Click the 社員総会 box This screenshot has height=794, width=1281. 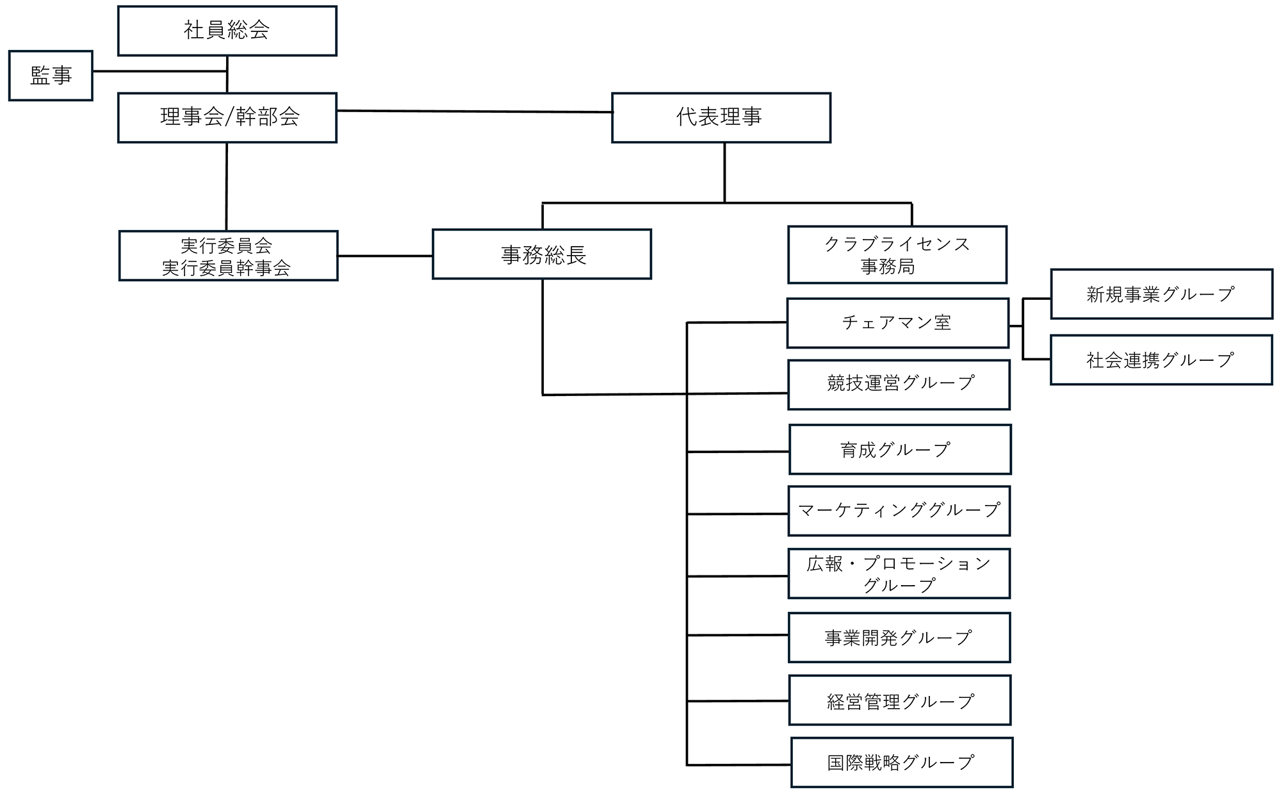[227, 31]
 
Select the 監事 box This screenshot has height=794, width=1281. [51, 76]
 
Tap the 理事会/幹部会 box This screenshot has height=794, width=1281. [227, 117]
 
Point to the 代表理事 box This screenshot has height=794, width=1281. [721, 117]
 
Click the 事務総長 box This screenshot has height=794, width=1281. [542, 254]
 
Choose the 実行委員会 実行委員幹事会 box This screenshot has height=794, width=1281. [228, 256]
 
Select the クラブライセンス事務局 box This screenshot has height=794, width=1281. [897, 254]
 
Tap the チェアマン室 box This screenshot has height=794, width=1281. [897, 323]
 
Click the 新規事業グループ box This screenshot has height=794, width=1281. [1161, 294]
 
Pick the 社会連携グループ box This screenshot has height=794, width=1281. [1161, 360]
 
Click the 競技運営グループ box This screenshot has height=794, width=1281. [899, 385]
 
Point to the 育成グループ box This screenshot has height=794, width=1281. [899, 449]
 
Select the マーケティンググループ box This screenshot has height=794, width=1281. [899, 511]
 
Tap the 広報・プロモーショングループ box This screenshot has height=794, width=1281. [899, 574]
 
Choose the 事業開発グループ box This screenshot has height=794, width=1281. [899, 638]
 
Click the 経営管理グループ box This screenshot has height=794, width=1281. [899, 700]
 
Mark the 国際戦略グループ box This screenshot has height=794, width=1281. [901, 763]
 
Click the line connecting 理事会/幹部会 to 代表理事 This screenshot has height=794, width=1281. [474, 112]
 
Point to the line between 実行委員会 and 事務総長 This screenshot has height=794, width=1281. [385, 256]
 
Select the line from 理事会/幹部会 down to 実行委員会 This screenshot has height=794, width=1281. [227, 186]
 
